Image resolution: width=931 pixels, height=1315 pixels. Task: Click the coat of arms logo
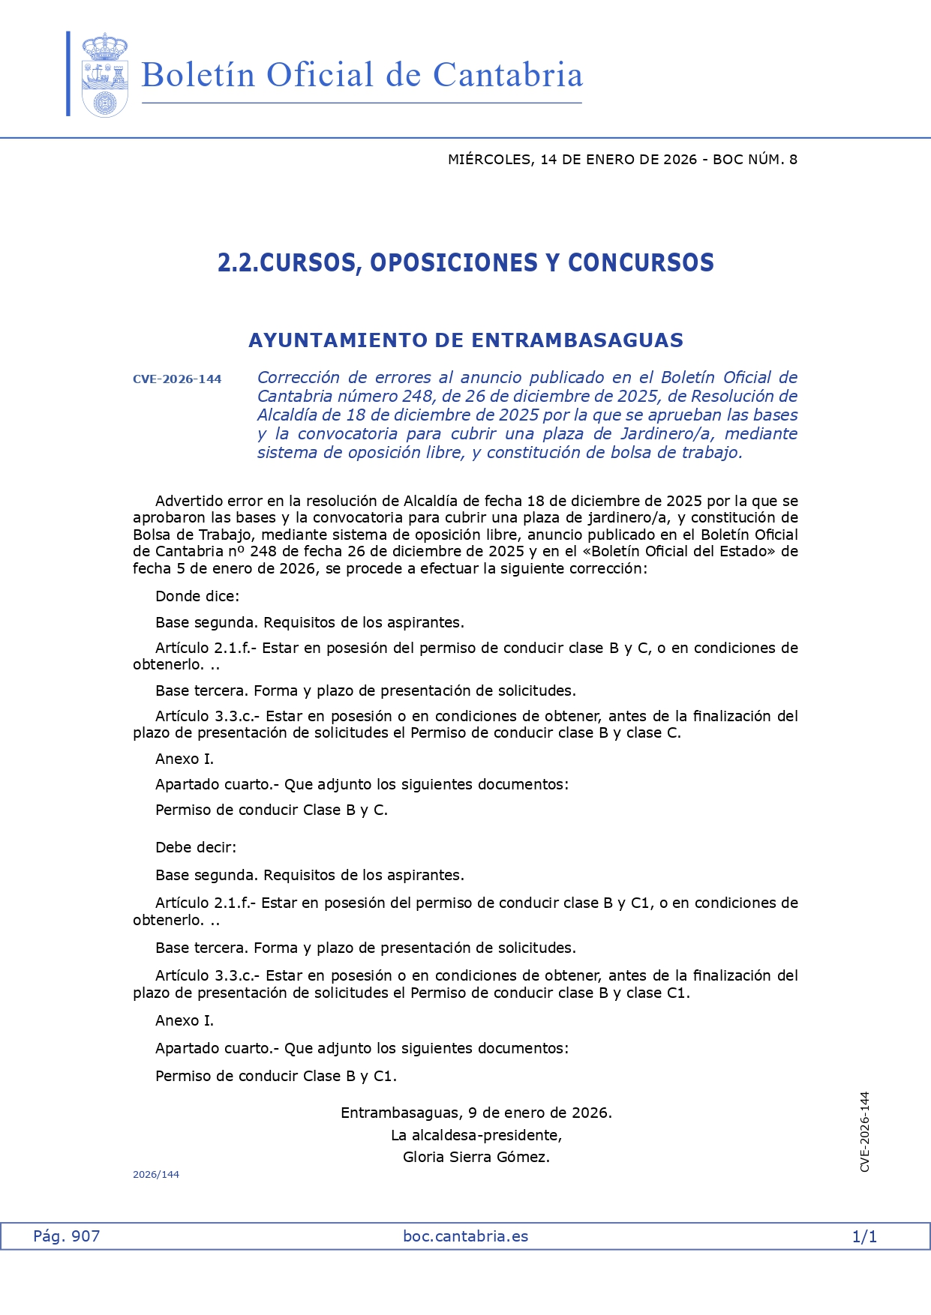click(x=104, y=74)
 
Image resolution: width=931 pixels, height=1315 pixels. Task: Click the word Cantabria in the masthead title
click(x=508, y=75)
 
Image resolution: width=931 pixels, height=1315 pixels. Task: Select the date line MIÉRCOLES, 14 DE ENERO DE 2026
click(x=572, y=159)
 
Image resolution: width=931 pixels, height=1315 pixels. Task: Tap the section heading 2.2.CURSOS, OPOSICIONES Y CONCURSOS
click(x=465, y=262)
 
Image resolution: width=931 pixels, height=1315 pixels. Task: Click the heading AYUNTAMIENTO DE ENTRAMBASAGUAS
click(x=465, y=340)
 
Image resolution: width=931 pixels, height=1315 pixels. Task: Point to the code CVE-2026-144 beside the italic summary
click(x=177, y=379)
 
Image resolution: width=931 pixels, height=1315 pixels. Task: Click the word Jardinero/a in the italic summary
click(x=666, y=434)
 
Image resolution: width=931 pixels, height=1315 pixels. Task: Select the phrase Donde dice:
click(x=197, y=597)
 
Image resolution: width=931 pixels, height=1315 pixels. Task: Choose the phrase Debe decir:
click(x=196, y=848)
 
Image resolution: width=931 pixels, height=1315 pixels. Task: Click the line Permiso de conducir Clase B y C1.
click(x=275, y=1077)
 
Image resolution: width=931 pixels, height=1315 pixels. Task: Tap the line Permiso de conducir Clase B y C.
click(x=271, y=810)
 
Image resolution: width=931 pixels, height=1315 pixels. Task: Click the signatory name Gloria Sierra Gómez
click(x=476, y=1158)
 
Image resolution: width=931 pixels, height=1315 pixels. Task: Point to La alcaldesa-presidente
click(x=476, y=1135)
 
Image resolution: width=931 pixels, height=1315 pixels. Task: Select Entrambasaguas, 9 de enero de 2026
click(x=476, y=1113)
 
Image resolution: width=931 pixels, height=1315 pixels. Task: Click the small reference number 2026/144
click(x=156, y=1175)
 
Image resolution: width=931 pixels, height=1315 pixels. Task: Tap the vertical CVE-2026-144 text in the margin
click(x=865, y=1132)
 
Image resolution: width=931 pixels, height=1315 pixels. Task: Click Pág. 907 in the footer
click(x=66, y=1236)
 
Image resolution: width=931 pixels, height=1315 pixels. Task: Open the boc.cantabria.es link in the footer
click(x=465, y=1236)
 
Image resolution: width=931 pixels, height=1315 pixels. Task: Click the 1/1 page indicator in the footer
click(x=864, y=1237)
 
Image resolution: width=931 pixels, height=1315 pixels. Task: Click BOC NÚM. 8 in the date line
click(x=755, y=159)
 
